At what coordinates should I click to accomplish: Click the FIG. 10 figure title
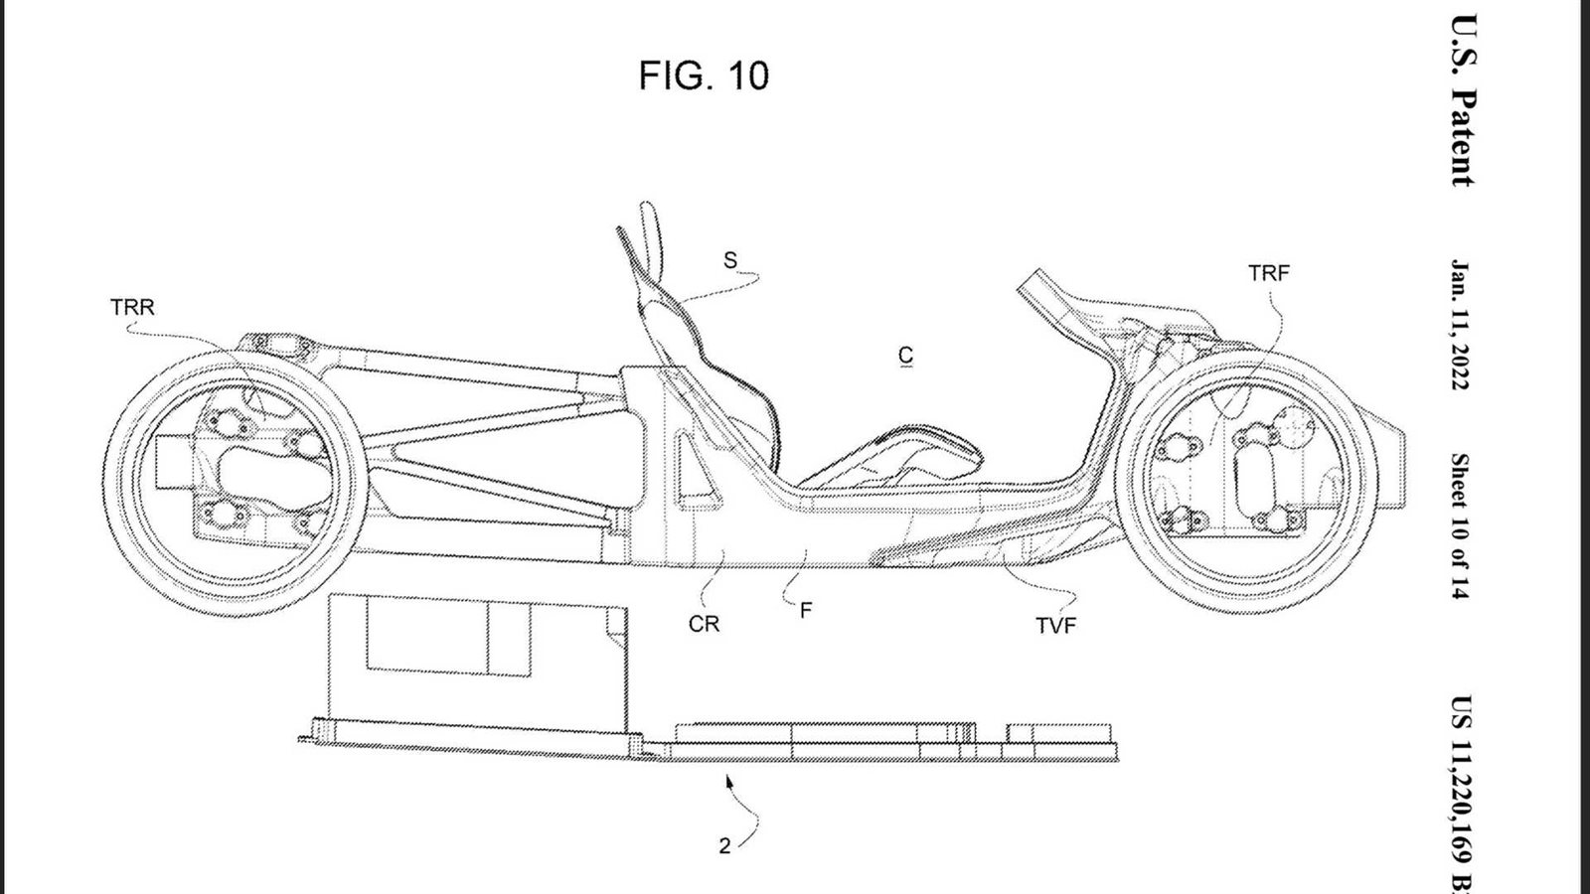(x=704, y=75)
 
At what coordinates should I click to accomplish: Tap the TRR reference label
(x=132, y=307)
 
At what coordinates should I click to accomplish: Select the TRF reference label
(x=1268, y=273)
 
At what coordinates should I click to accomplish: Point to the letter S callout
(x=729, y=260)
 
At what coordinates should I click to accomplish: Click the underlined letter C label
(x=905, y=356)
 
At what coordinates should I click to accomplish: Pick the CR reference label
(x=704, y=625)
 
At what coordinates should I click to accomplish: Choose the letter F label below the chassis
(x=806, y=610)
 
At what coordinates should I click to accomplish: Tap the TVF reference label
(x=1055, y=626)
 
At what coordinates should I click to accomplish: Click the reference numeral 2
(x=724, y=845)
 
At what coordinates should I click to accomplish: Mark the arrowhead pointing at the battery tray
(x=728, y=781)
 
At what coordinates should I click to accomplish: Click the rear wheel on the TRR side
(x=235, y=483)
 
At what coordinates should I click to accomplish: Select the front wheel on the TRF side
(x=1246, y=482)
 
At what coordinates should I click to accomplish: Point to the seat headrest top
(x=647, y=209)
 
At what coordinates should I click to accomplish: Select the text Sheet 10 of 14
(x=1460, y=525)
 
